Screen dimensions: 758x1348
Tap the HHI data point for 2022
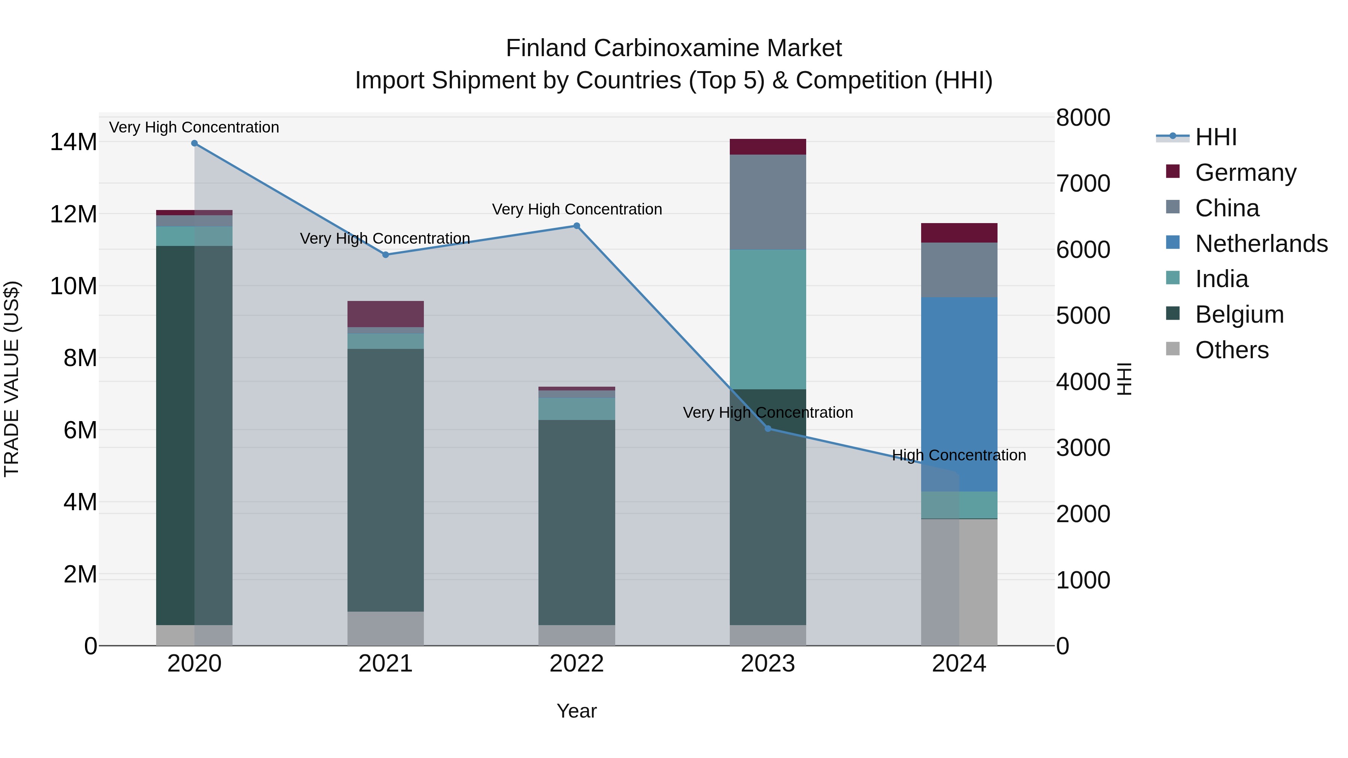coord(577,226)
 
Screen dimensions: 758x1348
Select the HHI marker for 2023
coord(768,429)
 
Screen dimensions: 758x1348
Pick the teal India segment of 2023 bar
coord(768,319)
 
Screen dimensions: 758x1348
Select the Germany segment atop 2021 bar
coord(386,314)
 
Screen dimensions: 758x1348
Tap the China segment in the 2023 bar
coord(768,202)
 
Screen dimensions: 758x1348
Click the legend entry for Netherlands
coord(1261,244)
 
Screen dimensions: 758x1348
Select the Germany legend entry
coord(1245,173)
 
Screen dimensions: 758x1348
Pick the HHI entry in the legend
coord(1215,137)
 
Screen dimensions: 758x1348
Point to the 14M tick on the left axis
coord(73,142)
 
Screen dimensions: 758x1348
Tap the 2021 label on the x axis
coord(386,664)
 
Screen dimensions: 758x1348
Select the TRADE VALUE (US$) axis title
coord(12,379)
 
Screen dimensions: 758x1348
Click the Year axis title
coord(577,711)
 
